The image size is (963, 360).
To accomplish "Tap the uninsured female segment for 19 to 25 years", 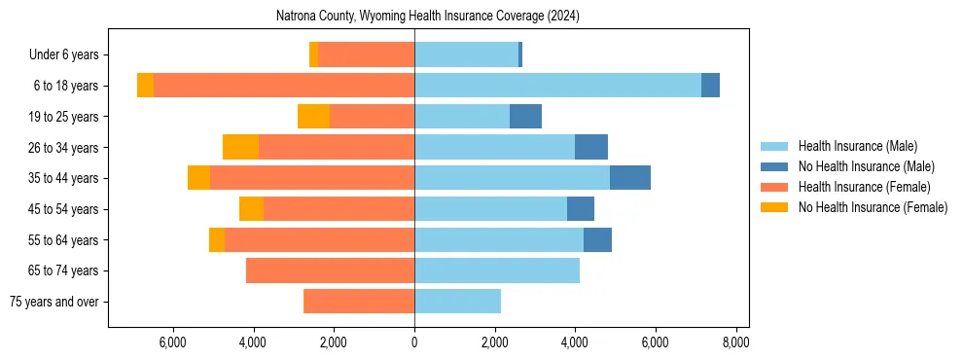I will tap(313, 117).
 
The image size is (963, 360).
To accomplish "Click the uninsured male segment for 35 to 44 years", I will tap(629, 178).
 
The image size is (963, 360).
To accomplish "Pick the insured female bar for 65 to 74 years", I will tap(330, 270).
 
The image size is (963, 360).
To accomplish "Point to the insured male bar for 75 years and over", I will tap(457, 302).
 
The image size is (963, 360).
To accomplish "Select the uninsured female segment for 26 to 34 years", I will tap(240, 147).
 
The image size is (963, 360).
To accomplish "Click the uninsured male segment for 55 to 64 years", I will tap(597, 239).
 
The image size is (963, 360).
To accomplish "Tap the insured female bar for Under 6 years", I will tap(366, 54).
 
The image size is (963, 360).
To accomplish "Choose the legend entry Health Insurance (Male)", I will tap(857, 146).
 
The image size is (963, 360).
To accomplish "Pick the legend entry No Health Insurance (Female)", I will tap(873, 207).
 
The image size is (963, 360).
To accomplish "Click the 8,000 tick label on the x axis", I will tap(735, 342).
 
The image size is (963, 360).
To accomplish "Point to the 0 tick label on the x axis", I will tap(414, 342).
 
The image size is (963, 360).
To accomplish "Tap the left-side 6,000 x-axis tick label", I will tap(172, 342).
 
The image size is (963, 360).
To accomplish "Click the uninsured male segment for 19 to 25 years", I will tap(525, 117).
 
